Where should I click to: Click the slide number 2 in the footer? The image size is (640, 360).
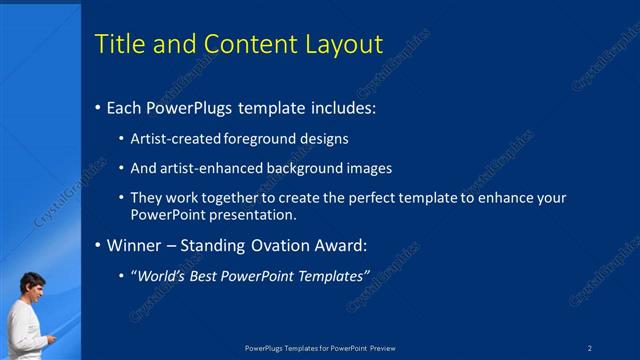(590, 348)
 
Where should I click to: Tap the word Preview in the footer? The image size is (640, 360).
(382, 348)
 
